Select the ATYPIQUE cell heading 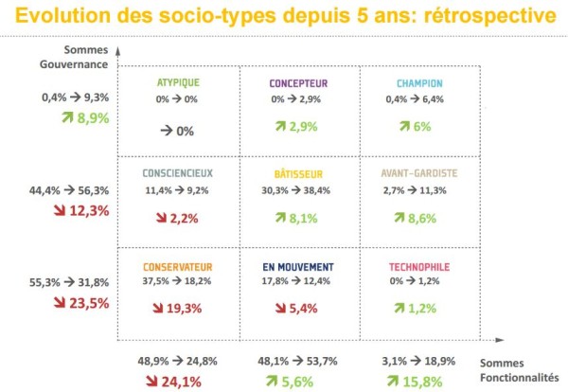(x=178, y=82)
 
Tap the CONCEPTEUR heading (x=299, y=82)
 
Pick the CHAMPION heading (x=419, y=82)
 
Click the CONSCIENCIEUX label (x=178, y=173)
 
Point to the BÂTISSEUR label (x=299, y=173)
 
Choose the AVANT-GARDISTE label (x=419, y=173)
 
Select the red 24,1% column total (x=177, y=382)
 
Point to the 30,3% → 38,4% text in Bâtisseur (x=299, y=190)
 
